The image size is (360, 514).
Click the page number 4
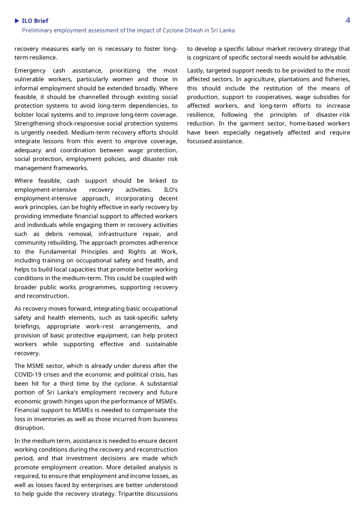(348, 20)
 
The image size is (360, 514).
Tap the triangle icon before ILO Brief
(17, 21)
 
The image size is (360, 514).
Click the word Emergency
(30, 70)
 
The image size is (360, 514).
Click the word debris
(54, 234)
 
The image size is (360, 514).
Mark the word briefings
(27, 326)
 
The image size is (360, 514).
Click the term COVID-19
(28, 374)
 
